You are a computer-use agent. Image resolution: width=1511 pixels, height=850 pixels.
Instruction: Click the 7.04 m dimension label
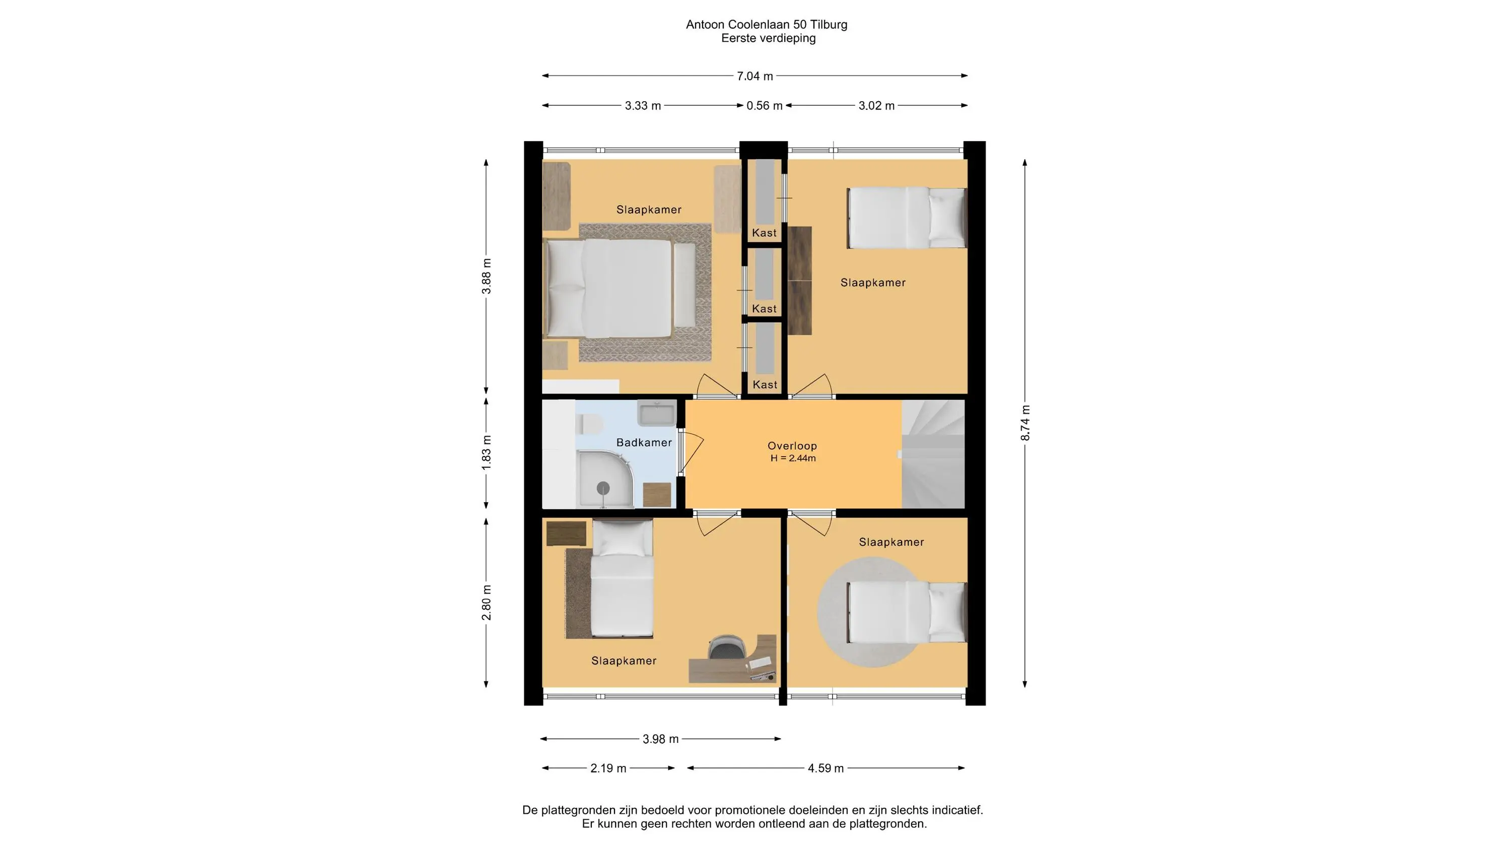tap(755, 76)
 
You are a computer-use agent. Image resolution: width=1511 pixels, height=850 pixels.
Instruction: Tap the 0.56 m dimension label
tap(764, 106)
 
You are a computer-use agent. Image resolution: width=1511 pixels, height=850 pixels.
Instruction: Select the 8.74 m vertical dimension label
tap(1025, 423)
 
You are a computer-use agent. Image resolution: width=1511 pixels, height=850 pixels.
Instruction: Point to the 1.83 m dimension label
tap(486, 452)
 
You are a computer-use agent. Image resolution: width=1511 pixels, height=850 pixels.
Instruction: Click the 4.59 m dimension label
tap(826, 768)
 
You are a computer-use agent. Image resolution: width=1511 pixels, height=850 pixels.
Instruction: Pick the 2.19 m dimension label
tap(608, 768)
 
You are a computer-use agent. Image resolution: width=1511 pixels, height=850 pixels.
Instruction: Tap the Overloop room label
tap(792, 446)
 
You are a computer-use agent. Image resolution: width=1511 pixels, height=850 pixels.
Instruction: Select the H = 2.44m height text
tap(793, 458)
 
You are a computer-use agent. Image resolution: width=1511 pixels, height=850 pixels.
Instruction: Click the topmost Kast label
tap(764, 233)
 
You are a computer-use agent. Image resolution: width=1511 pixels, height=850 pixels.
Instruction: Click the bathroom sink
tap(657, 413)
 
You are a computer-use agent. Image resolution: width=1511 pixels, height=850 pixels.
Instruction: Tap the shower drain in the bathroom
tap(603, 488)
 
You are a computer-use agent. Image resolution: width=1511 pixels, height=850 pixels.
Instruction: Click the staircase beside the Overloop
tap(933, 454)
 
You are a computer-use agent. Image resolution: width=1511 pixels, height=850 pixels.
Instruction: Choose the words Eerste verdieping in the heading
tap(769, 38)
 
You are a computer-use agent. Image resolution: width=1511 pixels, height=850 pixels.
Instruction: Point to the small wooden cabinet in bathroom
tap(657, 495)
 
